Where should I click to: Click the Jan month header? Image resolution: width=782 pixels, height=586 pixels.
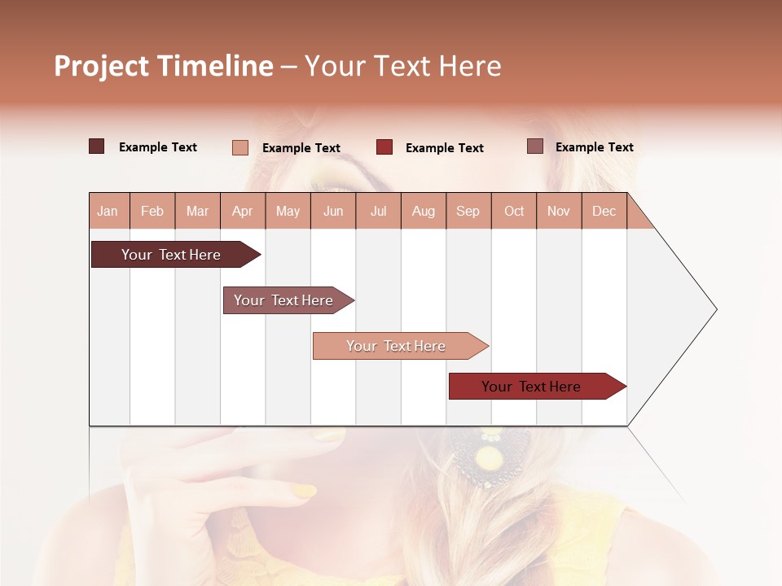108,211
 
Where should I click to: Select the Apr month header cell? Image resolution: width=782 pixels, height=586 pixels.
243,211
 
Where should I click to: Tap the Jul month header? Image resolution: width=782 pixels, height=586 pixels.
378,211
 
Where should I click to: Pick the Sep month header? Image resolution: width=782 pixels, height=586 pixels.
468,211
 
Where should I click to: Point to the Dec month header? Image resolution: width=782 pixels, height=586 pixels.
604,211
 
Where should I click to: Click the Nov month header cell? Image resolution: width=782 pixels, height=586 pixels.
559,211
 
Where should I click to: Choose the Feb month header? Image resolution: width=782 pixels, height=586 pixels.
152,211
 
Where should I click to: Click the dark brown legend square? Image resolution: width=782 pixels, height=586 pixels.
96,146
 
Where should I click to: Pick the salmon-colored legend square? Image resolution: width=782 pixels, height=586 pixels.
239,147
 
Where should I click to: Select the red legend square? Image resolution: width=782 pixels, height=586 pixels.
384,147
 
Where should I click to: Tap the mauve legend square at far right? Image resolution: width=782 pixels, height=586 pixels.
534,146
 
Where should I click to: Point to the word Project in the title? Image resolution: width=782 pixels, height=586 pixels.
100,66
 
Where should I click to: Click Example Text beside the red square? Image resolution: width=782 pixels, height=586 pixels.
444,148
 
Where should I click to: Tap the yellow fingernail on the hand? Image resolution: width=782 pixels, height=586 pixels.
304,491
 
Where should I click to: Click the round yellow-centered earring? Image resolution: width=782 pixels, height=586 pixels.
490,459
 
